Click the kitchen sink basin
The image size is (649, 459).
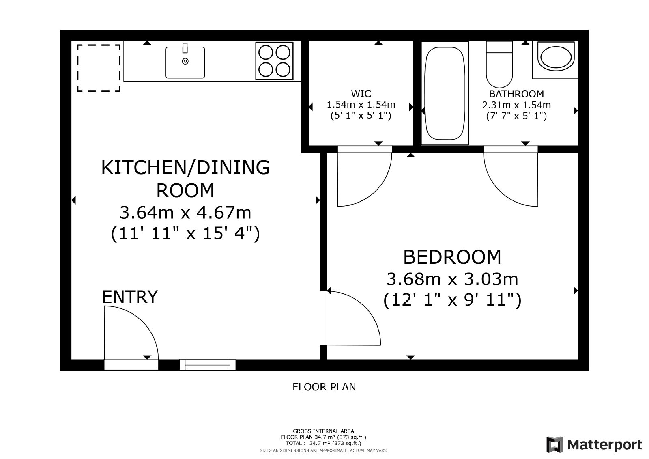[185, 62]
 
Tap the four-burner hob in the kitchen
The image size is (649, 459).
[274, 61]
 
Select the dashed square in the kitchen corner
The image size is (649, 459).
[99, 68]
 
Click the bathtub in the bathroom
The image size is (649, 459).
[445, 93]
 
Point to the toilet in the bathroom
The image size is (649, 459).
[499, 65]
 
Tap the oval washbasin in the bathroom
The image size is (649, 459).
[556, 57]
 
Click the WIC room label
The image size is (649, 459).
[361, 94]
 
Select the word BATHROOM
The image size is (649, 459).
[516, 94]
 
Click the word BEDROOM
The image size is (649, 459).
[452, 257]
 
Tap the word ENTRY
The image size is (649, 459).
[130, 297]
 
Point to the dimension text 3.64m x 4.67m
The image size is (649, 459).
[185, 213]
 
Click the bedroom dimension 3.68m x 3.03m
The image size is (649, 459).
[452, 279]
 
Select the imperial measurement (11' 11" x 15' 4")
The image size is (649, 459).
[185, 233]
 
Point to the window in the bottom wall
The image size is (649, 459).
[208, 365]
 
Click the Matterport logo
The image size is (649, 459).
[594, 444]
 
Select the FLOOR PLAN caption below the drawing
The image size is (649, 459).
[324, 387]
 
